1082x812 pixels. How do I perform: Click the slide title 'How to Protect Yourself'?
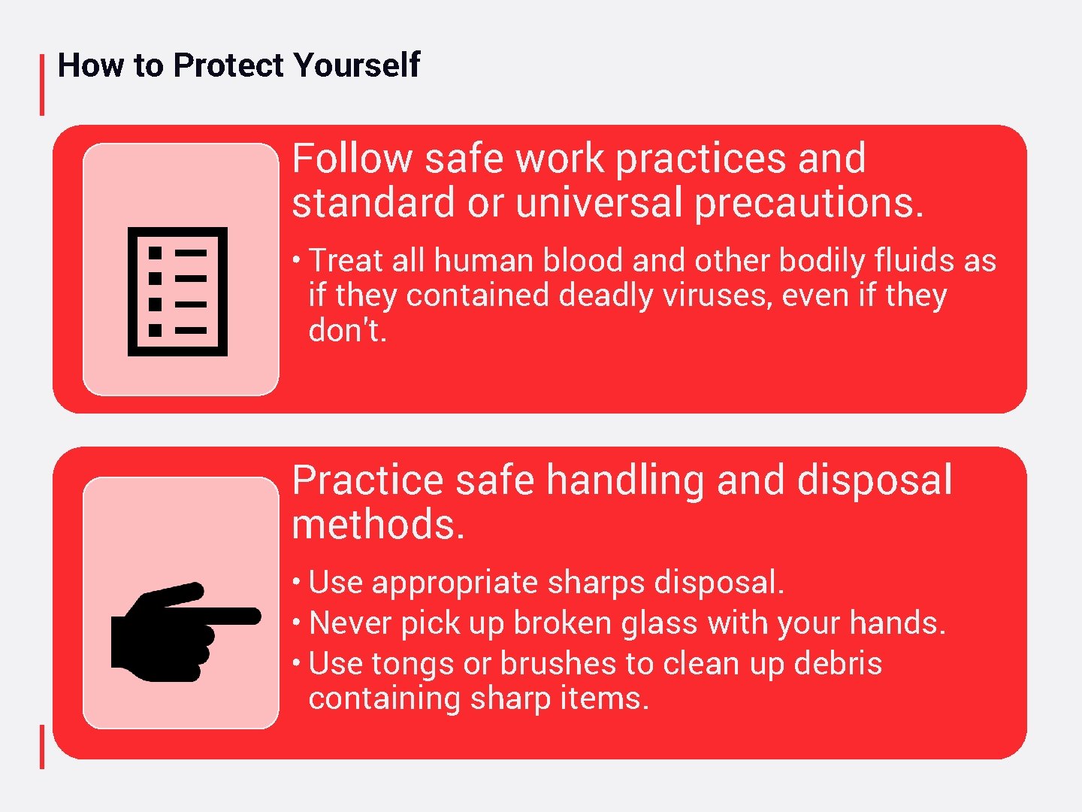[x=238, y=65]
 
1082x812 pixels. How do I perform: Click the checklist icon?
[x=178, y=291]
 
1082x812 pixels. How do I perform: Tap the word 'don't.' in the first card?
[x=347, y=330]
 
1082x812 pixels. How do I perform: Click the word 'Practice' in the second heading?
[x=367, y=480]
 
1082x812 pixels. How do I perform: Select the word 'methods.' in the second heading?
[x=378, y=525]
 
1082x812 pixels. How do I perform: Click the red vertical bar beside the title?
[x=42, y=84]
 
